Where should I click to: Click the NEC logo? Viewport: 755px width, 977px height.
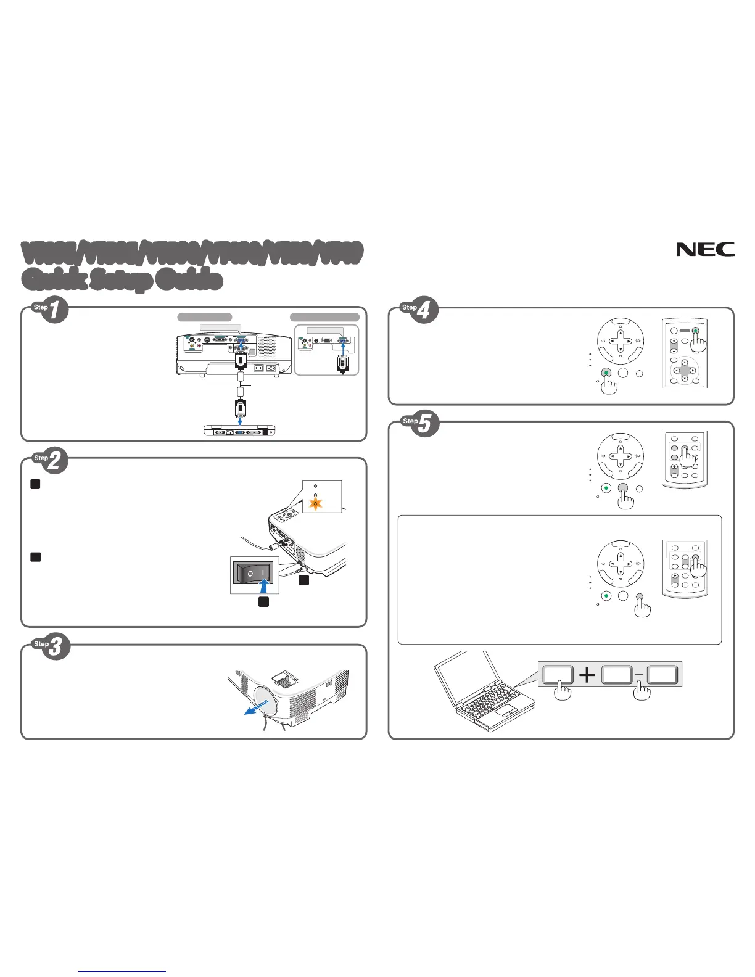coord(706,249)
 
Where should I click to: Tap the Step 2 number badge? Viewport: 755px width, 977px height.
coord(54,461)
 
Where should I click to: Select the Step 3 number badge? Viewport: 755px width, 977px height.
coord(55,646)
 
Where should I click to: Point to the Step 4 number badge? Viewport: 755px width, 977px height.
coord(424,310)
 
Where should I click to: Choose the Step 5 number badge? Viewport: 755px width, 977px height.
coord(424,424)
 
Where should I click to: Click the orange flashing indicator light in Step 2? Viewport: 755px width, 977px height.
coord(316,504)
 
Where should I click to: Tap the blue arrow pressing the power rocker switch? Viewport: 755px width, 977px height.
coord(263,580)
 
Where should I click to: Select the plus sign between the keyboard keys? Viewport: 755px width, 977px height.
coord(587,675)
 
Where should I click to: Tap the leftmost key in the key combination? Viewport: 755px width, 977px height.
coord(558,674)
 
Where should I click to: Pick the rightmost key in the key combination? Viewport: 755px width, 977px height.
coord(662,674)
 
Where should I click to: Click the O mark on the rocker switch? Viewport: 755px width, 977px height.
coord(250,574)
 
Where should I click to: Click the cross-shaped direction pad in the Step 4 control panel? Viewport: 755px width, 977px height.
coord(621,340)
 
